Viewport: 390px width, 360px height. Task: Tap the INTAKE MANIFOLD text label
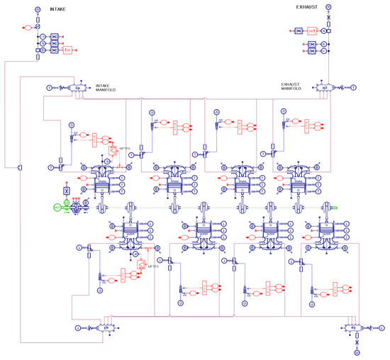107,89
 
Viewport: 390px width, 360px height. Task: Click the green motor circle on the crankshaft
57,207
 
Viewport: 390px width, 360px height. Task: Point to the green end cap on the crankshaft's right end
335,207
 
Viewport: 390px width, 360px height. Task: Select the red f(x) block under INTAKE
69,49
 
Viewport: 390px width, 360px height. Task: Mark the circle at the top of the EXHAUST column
328,6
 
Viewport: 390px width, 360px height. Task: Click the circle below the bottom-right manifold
357,352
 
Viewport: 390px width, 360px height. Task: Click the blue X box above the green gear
66,191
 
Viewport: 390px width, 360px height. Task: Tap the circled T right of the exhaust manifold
353,88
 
